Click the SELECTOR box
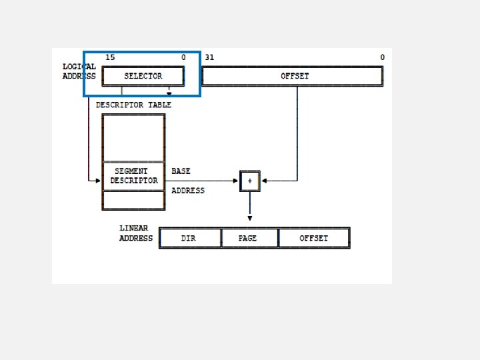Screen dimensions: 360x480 (x=143, y=76)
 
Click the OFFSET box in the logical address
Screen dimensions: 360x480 (x=293, y=76)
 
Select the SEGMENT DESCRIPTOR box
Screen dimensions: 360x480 (x=134, y=176)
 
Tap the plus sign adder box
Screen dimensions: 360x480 (x=250, y=181)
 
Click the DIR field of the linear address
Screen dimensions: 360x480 (x=189, y=238)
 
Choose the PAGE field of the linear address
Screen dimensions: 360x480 (x=248, y=238)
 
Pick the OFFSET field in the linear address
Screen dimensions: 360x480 (x=313, y=238)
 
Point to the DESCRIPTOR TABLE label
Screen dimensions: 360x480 (x=133, y=105)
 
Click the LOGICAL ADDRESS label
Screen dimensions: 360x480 (x=79, y=71)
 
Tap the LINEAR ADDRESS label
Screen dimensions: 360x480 (x=135, y=233)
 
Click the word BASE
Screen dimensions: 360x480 (x=181, y=171)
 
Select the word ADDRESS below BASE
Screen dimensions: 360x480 (x=188, y=191)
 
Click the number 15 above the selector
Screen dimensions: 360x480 (x=110, y=57)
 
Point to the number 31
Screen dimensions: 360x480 (x=209, y=57)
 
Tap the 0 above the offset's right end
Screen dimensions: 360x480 (x=382, y=57)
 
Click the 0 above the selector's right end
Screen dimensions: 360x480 (x=183, y=57)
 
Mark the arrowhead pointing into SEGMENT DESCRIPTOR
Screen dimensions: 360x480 (x=98, y=181)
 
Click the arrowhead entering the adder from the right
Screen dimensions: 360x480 (x=264, y=181)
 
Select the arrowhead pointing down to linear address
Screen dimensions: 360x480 (x=250, y=218)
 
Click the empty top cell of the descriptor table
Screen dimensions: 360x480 (x=133, y=138)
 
